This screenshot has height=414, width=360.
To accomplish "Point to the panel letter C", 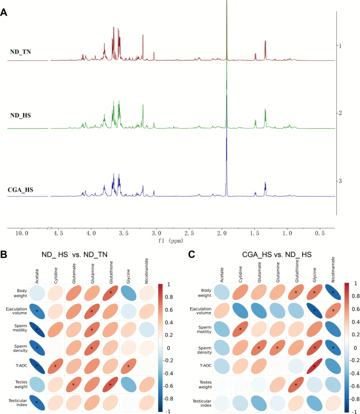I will [x=192, y=254].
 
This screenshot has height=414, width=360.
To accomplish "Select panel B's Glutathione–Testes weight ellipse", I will [x=110, y=385].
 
